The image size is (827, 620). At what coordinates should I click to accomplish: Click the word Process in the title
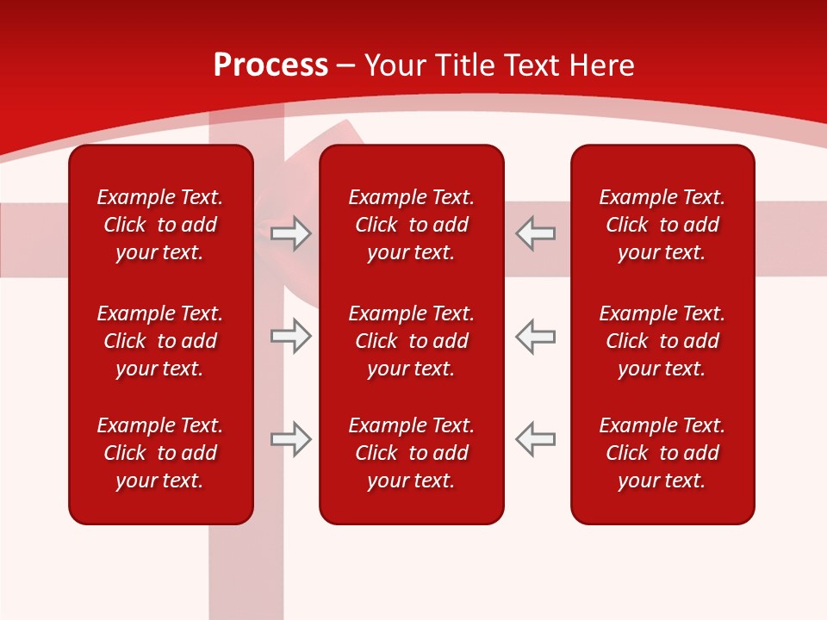pyautogui.click(x=270, y=65)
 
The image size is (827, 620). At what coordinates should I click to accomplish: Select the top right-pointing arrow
pyautogui.click(x=290, y=233)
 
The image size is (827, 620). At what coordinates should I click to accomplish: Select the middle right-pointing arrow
pyautogui.click(x=290, y=336)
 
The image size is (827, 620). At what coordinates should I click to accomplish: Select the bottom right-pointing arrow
pyautogui.click(x=290, y=439)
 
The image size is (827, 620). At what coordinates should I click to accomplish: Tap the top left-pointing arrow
pyautogui.click(x=535, y=233)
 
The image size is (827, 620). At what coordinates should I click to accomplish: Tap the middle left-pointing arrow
pyautogui.click(x=535, y=336)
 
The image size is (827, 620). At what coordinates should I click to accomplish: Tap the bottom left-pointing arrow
pyautogui.click(x=535, y=439)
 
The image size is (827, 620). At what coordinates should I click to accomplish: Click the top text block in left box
pyautogui.click(x=160, y=225)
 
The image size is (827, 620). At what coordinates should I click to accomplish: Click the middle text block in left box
pyautogui.click(x=160, y=341)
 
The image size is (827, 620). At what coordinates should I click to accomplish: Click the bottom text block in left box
pyautogui.click(x=160, y=453)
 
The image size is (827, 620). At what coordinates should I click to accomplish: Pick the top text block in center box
pyautogui.click(x=411, y=225)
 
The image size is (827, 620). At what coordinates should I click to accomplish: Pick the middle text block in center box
pyautogui.click(x=411, y=341)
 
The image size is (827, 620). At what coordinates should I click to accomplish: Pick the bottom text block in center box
pyautogui.click(x=411, y=453)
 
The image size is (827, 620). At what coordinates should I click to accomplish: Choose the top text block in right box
pyautogui.click(x=662, y=225)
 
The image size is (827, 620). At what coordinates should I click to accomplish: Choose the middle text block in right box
pyautogui.click(x=662, y=341)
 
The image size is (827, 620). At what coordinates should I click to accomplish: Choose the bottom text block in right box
pyautogui.click(x=662, y=453)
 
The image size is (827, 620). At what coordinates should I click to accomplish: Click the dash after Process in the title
pyautogui.click(x=346, y=65)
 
